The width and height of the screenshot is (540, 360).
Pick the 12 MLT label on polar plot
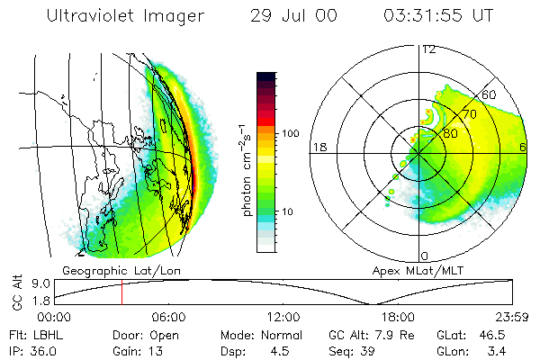(x=428, y=49)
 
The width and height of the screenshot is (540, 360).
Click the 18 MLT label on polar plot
(x=318, y=147)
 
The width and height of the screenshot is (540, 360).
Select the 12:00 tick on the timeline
(x=283, y=317)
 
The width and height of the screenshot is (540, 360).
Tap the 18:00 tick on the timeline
(x=398, y=317)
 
